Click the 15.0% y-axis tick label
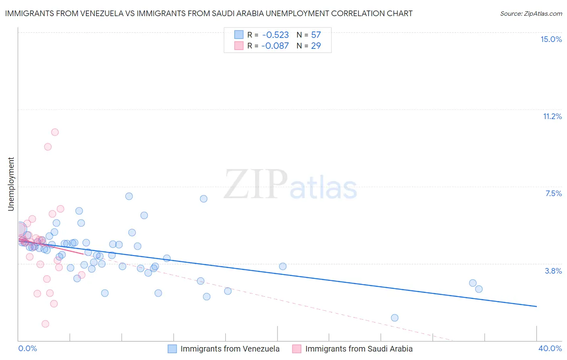[x=551, y=39]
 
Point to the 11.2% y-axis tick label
[x=552, y=116]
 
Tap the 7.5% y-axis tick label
[x=553, y=193]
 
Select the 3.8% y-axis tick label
[x=553, y=271]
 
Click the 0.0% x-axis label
[x=27, y=348]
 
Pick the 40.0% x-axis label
[x=550, y=348]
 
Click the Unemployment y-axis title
[x=11, y=184]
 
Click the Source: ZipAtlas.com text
[x=531, y=13]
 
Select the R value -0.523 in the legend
[x=275, y=35]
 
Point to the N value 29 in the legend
[x=316, y=46]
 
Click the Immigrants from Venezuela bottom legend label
[x=230, y=349]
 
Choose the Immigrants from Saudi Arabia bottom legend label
[x=359, y=349]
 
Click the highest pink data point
[x=55, y=132]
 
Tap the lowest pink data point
[x=45, y=324]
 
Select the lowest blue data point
[x=395, y=318]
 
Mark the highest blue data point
[x=129, y=196]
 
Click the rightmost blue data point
[x=479, y=289]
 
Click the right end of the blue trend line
[x=536, y=306]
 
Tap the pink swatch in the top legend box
[x=239, y=46]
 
